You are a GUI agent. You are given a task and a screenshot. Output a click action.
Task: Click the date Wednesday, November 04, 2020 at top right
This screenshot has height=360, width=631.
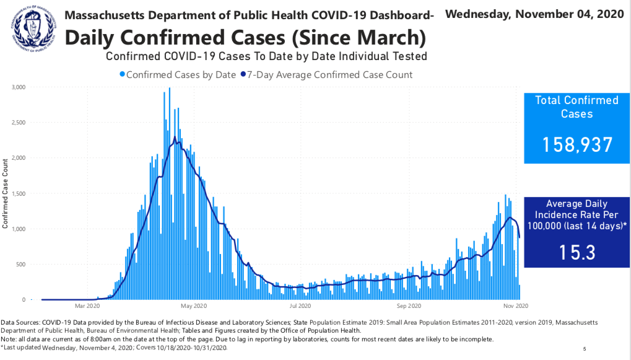tap(534, 14)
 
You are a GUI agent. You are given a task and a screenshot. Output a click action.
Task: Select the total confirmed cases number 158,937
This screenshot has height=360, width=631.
tap(577, 144)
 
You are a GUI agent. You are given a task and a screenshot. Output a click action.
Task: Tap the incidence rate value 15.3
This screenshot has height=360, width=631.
tap(577, 252)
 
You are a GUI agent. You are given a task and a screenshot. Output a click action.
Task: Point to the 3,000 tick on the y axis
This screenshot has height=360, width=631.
tap(18, 87)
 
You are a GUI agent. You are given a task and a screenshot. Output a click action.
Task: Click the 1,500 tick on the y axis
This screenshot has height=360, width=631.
tap(18, 194)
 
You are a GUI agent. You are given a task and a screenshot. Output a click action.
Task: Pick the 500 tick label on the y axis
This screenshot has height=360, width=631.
tap(22, 265)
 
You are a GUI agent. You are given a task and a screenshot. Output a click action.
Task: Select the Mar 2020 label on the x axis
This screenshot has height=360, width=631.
tap(87, 305)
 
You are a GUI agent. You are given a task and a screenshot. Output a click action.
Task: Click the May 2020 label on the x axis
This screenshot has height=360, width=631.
tap(194, 305)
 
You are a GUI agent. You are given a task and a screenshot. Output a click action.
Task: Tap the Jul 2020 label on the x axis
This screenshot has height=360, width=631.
tap(300, 305)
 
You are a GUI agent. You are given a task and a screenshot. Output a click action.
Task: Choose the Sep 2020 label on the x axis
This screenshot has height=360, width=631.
tap(409, 305)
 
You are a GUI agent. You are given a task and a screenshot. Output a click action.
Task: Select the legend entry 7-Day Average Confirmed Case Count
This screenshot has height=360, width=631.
tap(329, 75)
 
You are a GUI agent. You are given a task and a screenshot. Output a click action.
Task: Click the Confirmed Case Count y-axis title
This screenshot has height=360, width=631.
tap(6, 193)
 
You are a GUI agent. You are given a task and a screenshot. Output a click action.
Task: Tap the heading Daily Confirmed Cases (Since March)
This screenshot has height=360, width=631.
tap(245, 38)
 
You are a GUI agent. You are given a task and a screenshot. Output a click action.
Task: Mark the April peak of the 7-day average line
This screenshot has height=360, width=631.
tap(175, 137)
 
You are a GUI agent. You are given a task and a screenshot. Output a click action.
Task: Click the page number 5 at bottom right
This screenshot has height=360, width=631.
tap(585, 349)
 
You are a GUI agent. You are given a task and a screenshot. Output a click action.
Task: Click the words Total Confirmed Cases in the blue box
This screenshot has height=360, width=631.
tap(577, 107)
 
